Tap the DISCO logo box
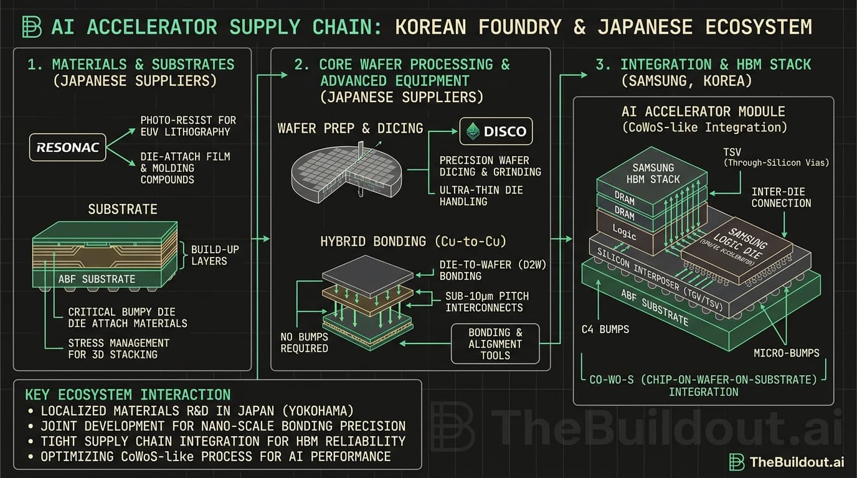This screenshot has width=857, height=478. pos(496,131)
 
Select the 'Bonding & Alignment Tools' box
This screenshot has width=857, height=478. pos(495,344)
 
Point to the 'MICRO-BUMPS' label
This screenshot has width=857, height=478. pos(787,353)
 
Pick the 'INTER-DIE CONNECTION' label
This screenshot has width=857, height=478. pos(781,197)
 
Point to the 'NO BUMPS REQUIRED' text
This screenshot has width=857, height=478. pos(303,342)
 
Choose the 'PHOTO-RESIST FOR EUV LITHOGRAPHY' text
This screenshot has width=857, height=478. pos(187,126)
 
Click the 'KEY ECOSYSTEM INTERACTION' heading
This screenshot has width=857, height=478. pos(128,395)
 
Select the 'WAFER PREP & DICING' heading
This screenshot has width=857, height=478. pos(350,128)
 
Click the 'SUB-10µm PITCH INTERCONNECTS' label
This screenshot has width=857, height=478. pos(486,302)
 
